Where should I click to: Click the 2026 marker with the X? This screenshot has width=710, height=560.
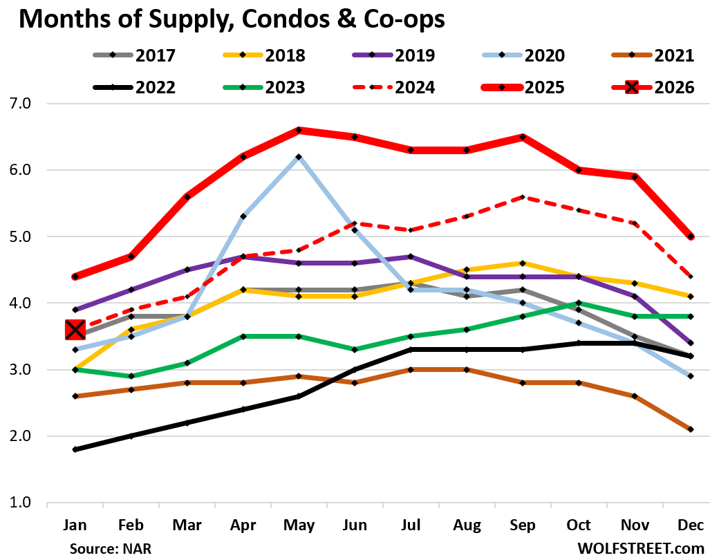[x=75, y=330]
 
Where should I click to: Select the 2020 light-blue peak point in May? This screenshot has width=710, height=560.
[x=298, y=157]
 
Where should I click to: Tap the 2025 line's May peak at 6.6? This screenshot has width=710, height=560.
[x=298, y=130]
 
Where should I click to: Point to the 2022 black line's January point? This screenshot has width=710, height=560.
[x=75, y=449]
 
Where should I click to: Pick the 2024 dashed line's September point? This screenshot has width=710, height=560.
[x=523, y=196]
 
